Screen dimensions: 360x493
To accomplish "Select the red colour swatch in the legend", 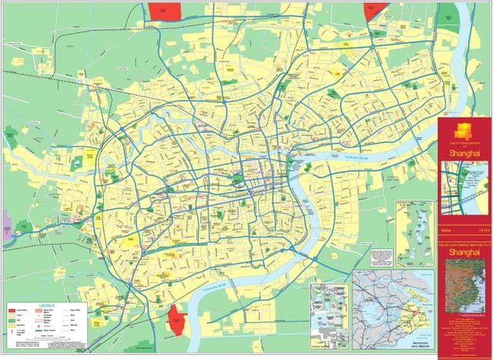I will click(12, 310).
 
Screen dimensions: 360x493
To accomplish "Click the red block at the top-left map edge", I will click(164, 10).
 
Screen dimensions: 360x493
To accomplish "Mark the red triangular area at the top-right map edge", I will click(375, 12).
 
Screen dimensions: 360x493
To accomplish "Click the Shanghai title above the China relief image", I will click(464, 251).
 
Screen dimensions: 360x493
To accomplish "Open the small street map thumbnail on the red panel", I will click(464, 191).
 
